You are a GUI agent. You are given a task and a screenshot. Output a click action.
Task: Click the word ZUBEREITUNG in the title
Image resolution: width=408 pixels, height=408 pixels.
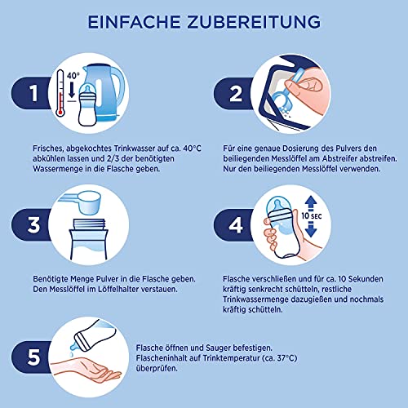tap(254, 22)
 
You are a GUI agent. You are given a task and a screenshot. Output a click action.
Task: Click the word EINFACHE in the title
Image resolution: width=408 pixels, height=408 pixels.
tap(135, 22)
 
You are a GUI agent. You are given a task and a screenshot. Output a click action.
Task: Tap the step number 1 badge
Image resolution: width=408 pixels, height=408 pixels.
tap(33, 93)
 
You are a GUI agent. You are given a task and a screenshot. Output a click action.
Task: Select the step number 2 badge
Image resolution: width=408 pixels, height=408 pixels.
tap(236, 94)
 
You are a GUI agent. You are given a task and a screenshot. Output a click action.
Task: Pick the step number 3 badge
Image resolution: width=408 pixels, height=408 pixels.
tap(33, 225)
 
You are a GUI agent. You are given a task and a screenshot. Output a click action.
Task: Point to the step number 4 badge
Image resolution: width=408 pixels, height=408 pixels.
tap(236, 225)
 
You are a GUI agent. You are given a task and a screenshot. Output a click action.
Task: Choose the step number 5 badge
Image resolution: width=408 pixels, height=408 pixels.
tap(33, 357)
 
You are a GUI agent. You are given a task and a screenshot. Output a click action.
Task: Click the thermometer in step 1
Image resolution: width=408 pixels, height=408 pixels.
tap(60, 93)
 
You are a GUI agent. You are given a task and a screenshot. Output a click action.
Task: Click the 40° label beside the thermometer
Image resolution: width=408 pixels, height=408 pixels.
tap(73, 75)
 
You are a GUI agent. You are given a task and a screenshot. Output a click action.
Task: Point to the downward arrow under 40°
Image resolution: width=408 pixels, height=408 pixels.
tap(72, 89)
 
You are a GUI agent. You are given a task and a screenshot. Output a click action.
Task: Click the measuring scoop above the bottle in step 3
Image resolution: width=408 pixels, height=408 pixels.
tap(82, 202)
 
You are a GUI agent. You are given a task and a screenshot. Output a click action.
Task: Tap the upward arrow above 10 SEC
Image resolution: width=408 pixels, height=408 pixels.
tap(311, 203)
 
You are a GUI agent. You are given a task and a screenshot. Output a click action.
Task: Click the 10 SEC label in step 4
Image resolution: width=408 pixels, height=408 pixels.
tap(312, 216)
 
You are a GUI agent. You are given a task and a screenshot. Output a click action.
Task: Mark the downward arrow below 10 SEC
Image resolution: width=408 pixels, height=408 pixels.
tap(311, 229)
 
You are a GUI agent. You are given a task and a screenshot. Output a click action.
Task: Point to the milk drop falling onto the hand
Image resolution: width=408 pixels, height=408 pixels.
tap(71, 354)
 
